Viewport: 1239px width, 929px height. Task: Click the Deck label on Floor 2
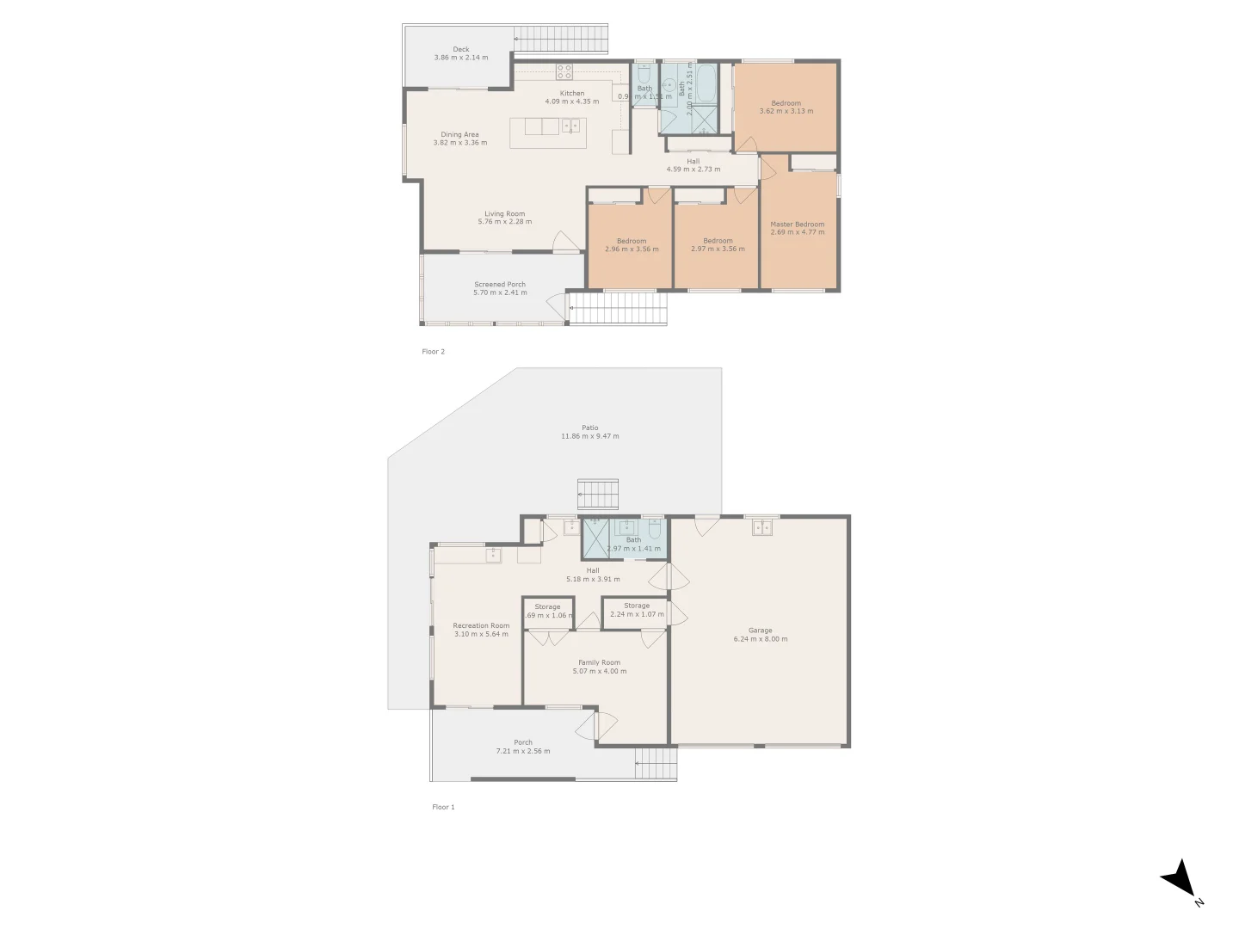[x=461, y=49]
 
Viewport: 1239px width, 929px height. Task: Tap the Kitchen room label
[x=572, y=93]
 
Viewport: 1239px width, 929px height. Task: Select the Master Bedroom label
[x=797, y=224]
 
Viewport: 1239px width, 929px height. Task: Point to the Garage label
[x=760, y=631]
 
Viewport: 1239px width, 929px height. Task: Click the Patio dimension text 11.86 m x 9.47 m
[x=590, y=436]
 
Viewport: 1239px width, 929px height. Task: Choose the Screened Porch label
[x=500, y=285]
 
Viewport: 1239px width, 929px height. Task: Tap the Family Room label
[x=599, y=662]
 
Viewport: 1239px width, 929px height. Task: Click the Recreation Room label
[x=481, y=625]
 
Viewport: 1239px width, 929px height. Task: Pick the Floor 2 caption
[x=433, y=352]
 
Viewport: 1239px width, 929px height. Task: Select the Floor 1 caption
[x=443, y=807]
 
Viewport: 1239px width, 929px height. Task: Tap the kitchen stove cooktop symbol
[x=564, y=71]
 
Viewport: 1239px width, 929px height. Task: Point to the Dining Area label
[x=459, y=134]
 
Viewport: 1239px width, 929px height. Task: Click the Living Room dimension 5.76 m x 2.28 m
[x=505, y=222]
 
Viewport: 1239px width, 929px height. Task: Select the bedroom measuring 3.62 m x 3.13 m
[x=786, y=107]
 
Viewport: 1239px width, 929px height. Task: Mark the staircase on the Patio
[x=598, y=495]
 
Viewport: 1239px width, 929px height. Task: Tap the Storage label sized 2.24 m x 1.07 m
[x=637, y=606]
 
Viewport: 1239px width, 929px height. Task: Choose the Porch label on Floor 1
[x=523, y=742]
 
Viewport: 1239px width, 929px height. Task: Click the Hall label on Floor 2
[x=693, y=161]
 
